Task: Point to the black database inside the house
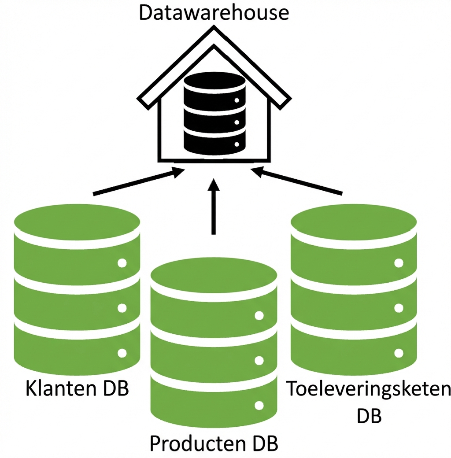coord(214,112)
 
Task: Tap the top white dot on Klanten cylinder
coord(122,263)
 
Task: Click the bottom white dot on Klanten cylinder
coord(122,353)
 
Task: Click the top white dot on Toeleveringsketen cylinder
coord(399,263)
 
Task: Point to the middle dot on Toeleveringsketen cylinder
coord(399,308)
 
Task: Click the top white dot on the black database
coord(237,100)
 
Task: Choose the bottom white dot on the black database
coord(237,144)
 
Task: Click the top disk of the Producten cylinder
coord(214,275)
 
